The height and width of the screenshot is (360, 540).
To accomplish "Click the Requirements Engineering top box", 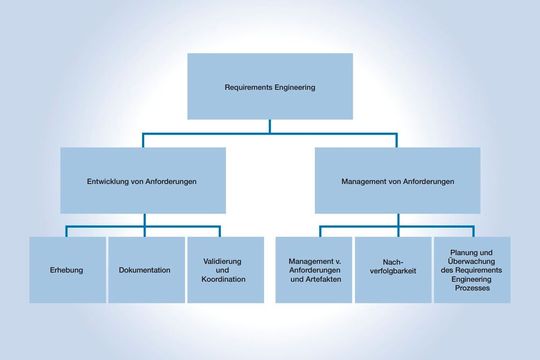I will pyautogui.click(x=269, y=86).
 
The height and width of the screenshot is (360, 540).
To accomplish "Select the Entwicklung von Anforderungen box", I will pyautogui.click(x=141, y=181).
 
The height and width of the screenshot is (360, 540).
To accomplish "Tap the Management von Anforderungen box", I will pyautogui.click(x=397, y=181).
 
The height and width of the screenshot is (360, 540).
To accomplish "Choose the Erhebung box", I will pyautogui.click(x=65, y=270).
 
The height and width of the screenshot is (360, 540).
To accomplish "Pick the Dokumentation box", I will pyautogui.click(x=144, y=270).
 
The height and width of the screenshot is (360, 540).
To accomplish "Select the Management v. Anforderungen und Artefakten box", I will pyautogui.click(x=312, y=270).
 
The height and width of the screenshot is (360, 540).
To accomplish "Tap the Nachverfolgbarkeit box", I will pyautogui.click(x=391, y=270).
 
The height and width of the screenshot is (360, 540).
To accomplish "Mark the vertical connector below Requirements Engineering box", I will pyautogui.click(x=269, y=126).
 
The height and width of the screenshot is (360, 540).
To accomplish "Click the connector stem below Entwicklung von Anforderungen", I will pyautogui.click(x=141, y=221).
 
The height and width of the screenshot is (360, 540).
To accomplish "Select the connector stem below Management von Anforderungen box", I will pyautogui.click(x=397, y=221).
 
